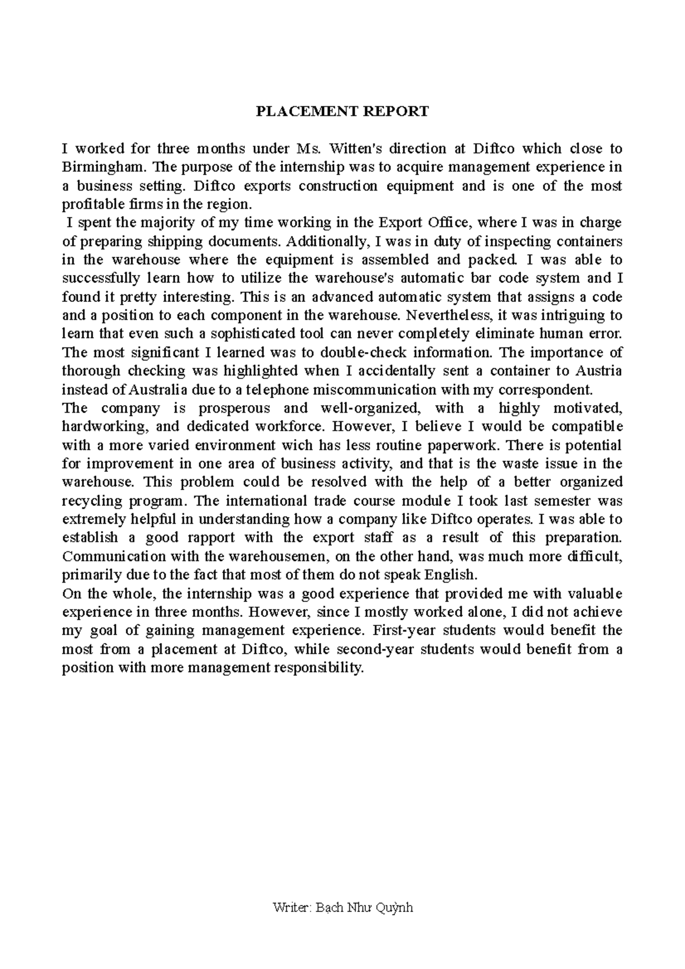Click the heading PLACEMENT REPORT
[342, 111]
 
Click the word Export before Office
[400, 223]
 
